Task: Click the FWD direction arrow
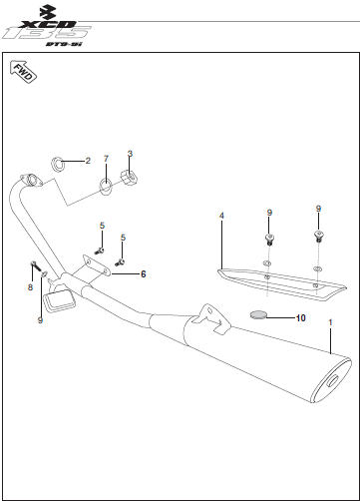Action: [x=23, y=72]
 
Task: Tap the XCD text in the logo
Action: [x=48, y=25]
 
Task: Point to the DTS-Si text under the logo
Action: [x=64, y=44]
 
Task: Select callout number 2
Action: [x=88, y=161]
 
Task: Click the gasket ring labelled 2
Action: [x=58, y=164]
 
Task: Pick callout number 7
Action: [x=106, y=159]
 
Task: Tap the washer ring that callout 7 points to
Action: [x=106, y=187]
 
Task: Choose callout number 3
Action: [x=130, y=154]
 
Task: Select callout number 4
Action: [x=221, y=216]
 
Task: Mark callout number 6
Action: [x=144, y=274]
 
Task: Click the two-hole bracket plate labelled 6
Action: [x=97, y=266]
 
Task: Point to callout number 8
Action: [x=30, y=287]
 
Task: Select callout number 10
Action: [x=301, y=318]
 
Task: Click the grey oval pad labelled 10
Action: [x=258, y=314]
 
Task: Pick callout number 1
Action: [x=330, y=322]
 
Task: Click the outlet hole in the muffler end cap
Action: [x=332, y=381]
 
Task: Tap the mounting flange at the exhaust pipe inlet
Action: [x=31, y=180]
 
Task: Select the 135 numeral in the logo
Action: [x=47, y=33]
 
